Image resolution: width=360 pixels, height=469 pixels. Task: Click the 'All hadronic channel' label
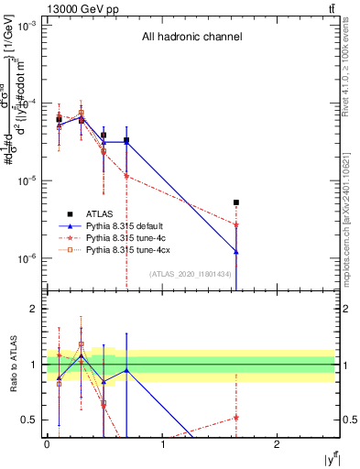[191, 38]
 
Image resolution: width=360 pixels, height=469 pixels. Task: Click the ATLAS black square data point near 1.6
[236, 202]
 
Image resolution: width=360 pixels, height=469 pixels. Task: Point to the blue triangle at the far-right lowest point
[236, 252]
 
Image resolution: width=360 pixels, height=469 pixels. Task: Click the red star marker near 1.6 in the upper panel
[236, 224]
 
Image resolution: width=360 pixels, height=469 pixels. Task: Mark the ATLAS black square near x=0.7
[126, 140]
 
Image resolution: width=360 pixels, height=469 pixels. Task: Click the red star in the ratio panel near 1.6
[236, 418]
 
